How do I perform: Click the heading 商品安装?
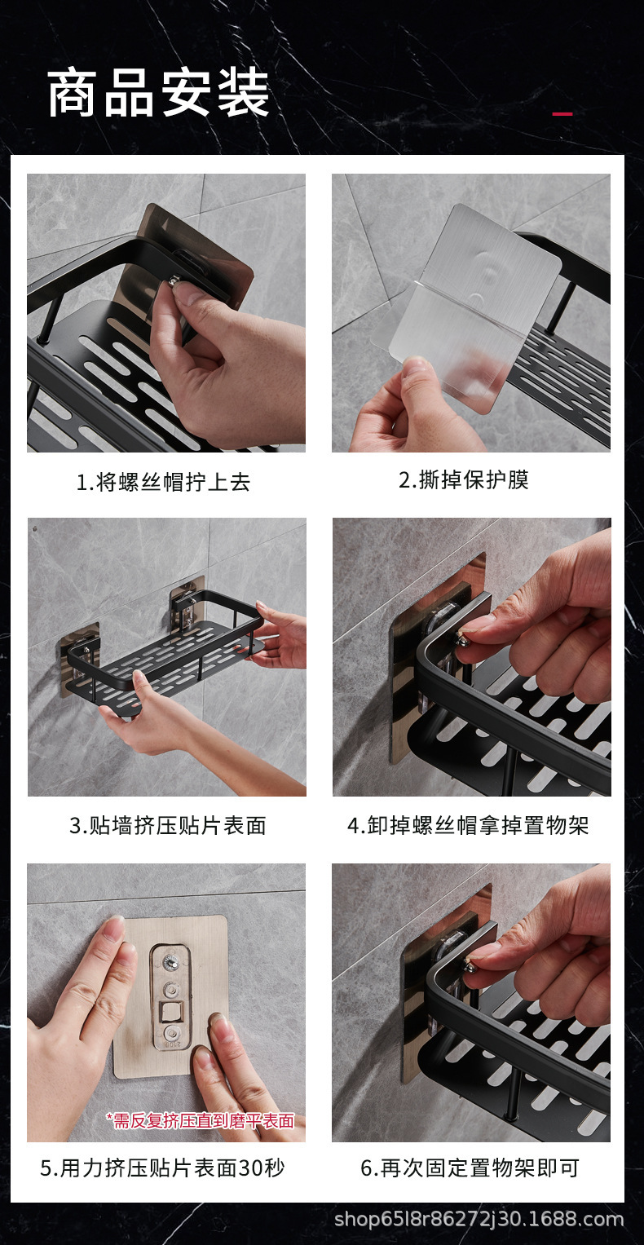tap(158, 93)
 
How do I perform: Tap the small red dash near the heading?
tap(562, 113)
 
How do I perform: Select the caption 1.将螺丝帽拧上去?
tap(163, 482)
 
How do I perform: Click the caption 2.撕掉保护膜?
tap(463, 479)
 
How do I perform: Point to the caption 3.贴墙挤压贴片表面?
tap(167, 826)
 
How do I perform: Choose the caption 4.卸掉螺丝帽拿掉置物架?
tap(468, 826)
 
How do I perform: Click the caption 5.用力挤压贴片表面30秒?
tap(162, 1168)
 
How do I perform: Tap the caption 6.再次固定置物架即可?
tap(470, 1168)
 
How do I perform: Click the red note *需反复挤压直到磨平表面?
tap(201, 1120)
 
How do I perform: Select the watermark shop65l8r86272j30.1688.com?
tap(479, 1220)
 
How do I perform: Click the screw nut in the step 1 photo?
tap(174, 280)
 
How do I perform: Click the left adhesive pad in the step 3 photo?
tap(78, 656)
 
